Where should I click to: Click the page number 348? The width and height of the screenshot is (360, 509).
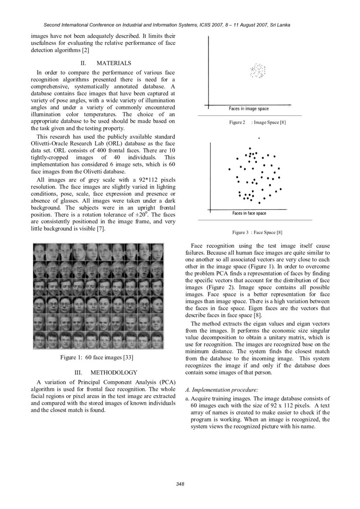[180, 484]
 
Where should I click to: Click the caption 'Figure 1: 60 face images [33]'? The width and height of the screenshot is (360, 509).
[96, 357]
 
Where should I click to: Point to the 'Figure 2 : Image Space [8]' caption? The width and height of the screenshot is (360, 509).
[257, 123]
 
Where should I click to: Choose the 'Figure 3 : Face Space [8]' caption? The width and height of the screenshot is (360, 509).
[257, 233]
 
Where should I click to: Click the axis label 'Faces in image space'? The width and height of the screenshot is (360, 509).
[248, 108]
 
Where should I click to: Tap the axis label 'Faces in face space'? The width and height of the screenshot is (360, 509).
[249, 213]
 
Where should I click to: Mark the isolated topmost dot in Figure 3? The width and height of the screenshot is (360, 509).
[259, 138]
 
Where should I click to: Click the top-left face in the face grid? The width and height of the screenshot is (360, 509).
[40, 251]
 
